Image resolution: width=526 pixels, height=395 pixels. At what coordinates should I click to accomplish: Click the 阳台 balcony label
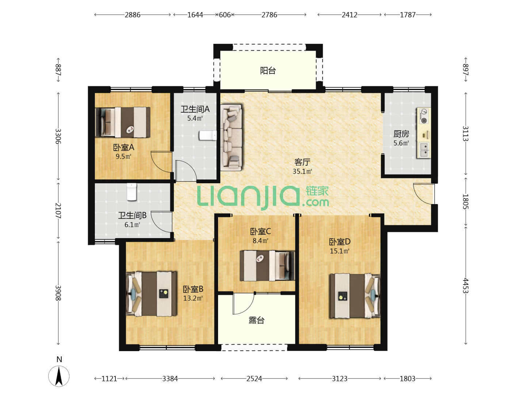point(268,71)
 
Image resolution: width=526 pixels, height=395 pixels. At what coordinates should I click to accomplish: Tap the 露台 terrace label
point(256,320)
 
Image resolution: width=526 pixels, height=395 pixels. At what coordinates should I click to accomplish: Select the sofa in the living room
point(231,137)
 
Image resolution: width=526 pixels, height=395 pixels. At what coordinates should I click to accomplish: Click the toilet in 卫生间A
point(208,135)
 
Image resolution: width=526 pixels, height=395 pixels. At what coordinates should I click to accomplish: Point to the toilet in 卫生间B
point(131,192)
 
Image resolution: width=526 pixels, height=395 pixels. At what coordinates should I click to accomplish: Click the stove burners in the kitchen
point(424,116)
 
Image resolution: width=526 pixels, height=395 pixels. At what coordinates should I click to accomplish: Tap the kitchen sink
point(424,150)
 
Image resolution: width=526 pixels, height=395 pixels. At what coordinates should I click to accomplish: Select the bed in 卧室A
point(123,122)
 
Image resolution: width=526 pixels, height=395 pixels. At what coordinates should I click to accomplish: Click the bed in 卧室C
point(267,266)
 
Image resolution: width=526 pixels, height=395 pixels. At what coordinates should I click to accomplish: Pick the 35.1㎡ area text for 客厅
point(302,172)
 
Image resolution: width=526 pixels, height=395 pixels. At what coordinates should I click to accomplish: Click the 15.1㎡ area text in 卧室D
point(339,251)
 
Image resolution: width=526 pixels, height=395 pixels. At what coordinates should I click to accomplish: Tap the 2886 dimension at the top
point(133,15)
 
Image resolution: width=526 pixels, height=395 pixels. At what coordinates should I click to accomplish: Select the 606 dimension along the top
point(225,15)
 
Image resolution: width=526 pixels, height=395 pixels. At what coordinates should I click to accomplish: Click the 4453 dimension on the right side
point(465,286)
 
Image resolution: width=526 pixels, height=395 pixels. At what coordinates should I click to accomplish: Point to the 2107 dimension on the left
point(58,211)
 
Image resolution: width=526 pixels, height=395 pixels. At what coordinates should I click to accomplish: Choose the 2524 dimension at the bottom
point(254,379)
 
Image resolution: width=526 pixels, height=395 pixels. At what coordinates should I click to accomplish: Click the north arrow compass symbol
point(59,376)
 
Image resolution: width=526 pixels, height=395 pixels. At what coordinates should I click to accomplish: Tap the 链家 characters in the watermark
point(317,191)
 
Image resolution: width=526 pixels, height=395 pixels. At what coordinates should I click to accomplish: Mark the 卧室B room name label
point(193,289)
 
